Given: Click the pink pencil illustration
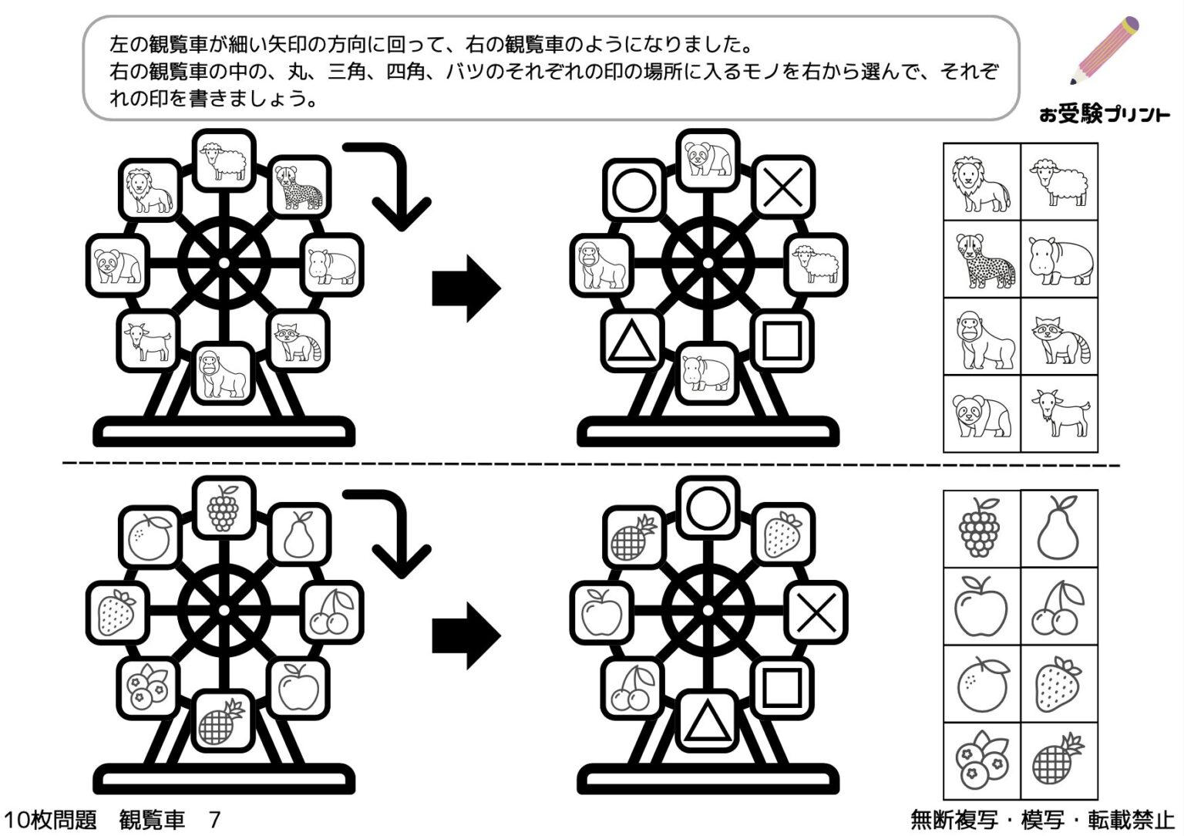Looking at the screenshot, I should (1104, 50).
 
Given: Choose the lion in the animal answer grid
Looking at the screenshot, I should (981, 183).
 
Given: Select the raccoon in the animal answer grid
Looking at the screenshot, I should (1059, 337).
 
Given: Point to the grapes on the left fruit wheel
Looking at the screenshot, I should (223, 506).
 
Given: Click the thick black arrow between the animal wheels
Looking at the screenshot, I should (466, 288).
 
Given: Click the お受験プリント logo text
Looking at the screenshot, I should (1104, 115).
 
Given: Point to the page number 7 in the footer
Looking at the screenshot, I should (215, 819).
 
